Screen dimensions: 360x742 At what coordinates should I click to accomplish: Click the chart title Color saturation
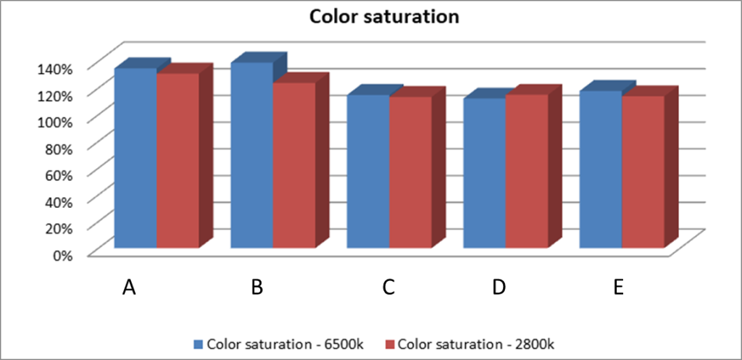coord(384,17)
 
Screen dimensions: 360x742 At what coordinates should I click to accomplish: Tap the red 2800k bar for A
coord(178,160)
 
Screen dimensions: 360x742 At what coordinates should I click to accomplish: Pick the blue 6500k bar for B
coord(251,155)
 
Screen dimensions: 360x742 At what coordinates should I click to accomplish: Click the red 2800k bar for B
coord(293,164)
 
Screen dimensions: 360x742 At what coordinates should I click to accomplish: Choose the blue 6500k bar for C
coord(368,171)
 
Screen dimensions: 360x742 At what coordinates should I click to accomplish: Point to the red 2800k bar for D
coord(526,171)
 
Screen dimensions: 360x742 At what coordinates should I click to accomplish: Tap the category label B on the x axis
coord(257,287)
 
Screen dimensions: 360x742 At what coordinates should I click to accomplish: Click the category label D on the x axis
coord(499,287)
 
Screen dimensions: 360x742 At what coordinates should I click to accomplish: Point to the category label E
coord(617,287)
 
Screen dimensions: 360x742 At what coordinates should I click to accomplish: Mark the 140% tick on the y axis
coord(55,69)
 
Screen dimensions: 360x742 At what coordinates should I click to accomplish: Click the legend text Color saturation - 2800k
coord(475,343)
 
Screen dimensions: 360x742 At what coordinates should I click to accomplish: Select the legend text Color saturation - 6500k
coord(285,343)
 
